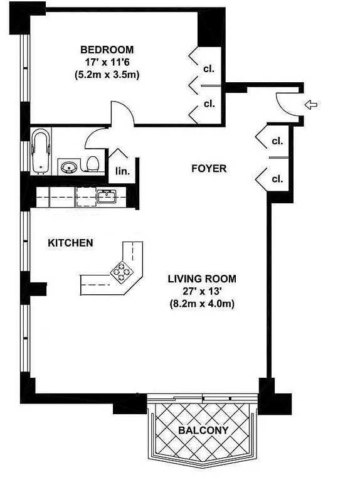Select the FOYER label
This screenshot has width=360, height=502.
208,169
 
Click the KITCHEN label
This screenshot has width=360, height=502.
71,243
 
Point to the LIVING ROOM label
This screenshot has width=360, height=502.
201,279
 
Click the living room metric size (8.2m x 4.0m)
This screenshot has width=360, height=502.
201,304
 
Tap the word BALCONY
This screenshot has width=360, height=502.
203,430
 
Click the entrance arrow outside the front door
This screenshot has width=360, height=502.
310,104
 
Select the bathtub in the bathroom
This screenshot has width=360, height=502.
41,151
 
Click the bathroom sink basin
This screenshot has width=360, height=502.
68,167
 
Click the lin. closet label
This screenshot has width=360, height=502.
121,170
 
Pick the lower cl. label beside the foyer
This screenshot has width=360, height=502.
277,179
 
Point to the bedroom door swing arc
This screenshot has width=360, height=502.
122,112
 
